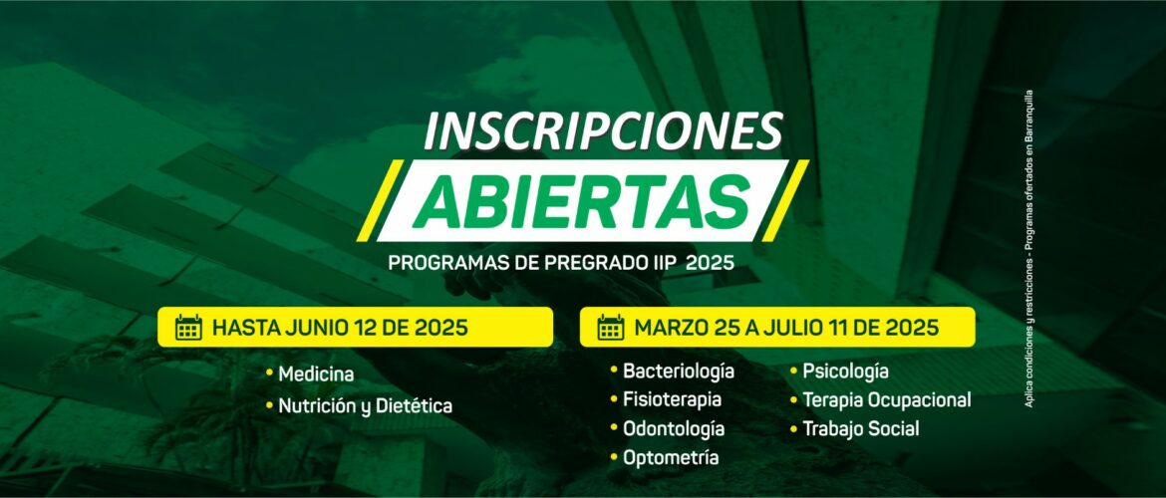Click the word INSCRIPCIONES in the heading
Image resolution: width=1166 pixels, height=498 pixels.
[603, 132]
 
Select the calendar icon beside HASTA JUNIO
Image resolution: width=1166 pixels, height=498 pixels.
[189, 327]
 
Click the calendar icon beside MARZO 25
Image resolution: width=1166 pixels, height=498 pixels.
[611, 327]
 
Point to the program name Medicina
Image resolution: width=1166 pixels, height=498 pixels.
[316, 373]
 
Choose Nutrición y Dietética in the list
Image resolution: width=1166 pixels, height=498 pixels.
[365, 406]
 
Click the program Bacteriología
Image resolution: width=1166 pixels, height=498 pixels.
[679, 371]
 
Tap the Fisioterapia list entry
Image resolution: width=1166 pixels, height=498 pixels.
[673, 399]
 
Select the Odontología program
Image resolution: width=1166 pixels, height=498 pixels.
[674, 429]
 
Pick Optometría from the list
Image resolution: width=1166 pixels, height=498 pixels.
[671, 458]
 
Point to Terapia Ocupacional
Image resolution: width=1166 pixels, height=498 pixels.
[886, 399]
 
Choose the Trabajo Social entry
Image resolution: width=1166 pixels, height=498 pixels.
[860, 429]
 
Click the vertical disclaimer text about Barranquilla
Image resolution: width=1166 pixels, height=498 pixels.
[1029, 249]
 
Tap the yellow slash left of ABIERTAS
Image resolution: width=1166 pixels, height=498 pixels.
[380, 200]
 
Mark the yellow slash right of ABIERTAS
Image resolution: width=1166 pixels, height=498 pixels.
[785, 200]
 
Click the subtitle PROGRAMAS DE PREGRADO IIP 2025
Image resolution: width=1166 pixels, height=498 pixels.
[561, 263]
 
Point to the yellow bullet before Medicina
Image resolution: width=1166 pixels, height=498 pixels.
[269, 373]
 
